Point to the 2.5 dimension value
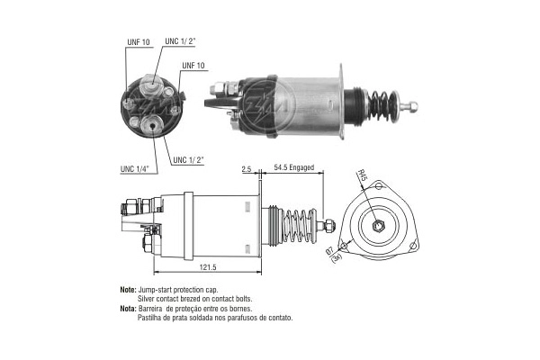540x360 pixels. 247,168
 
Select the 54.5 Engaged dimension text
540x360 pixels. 293,168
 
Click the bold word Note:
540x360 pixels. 127,290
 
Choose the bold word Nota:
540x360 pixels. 127,308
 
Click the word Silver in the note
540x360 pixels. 148,299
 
